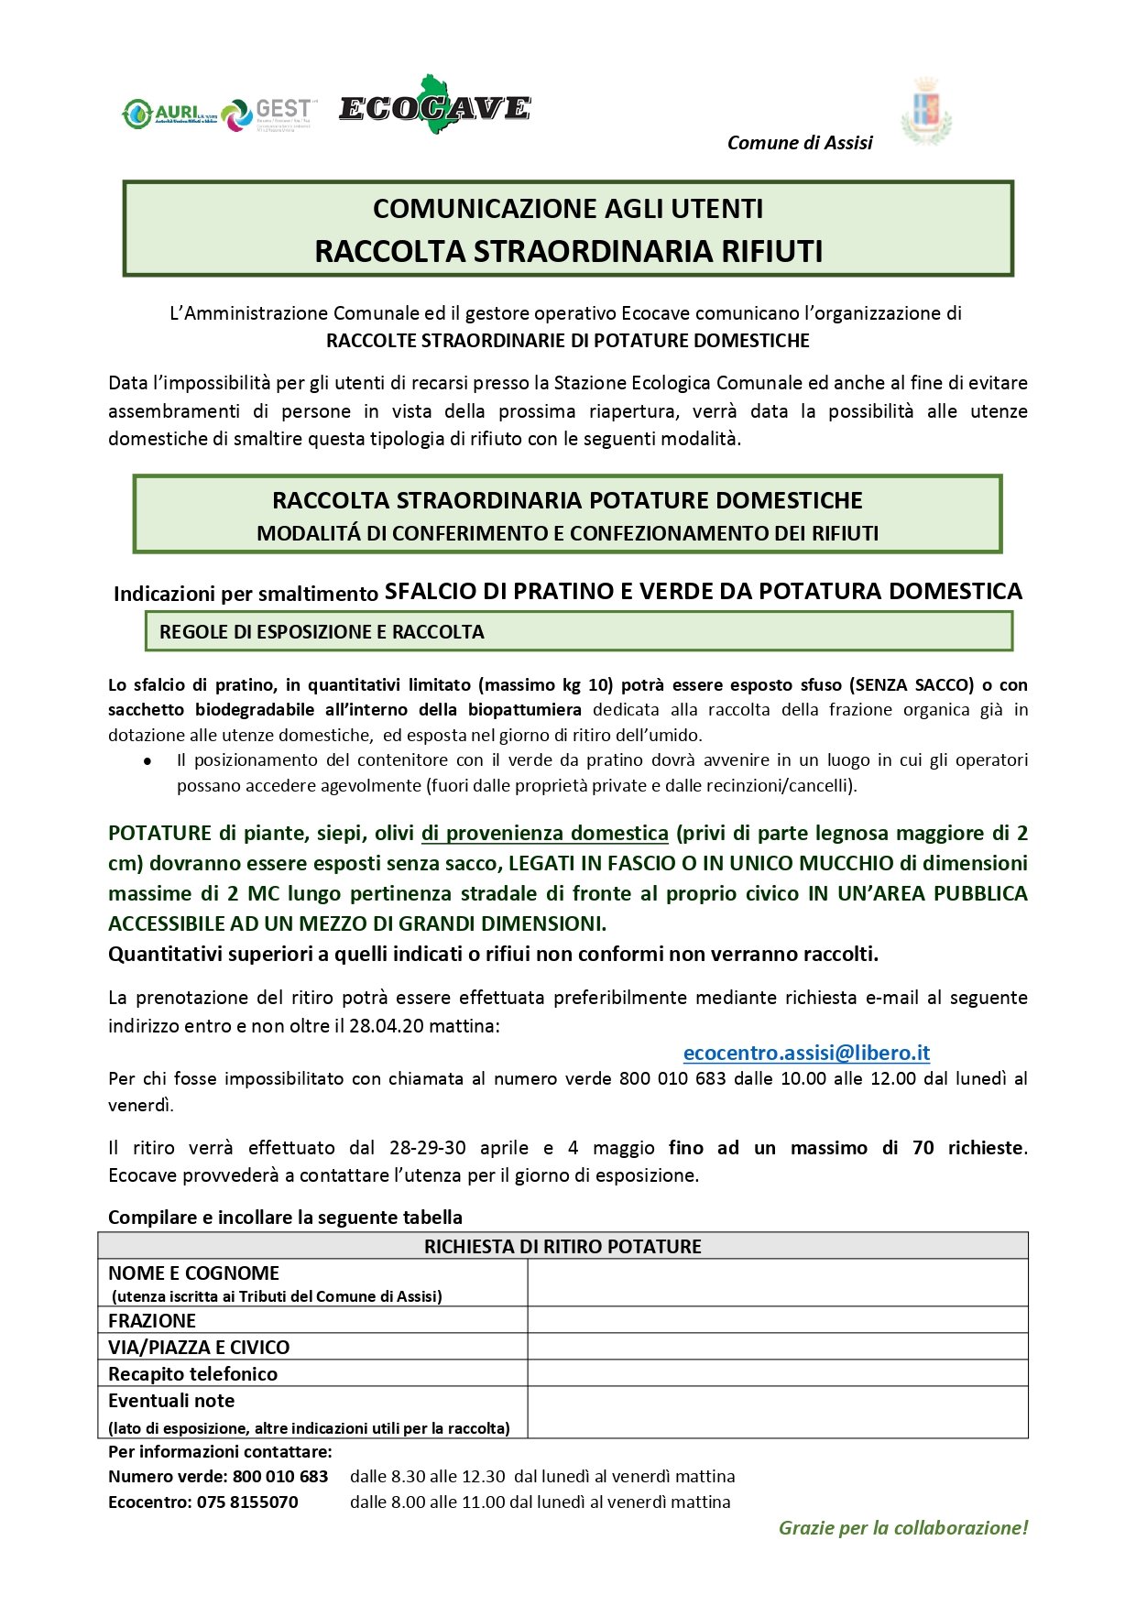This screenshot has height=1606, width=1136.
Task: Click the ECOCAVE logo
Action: pyautogui.click(x=434, y=107)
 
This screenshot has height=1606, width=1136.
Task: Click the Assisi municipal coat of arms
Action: pyautogui.click(x=926, y=112)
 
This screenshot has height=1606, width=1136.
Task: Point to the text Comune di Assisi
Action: pyautogui.click(x=799, y=143)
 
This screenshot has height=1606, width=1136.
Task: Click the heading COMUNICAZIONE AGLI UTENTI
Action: pyautogui.click(x=568, y=209)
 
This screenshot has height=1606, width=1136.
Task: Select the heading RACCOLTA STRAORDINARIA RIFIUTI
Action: pyautogui.click(x=568, y=251)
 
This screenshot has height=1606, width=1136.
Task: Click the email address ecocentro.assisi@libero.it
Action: pyautogui.click(x=806, y=1053)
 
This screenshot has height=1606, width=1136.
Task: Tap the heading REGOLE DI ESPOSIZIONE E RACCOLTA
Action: pyautogui.click(x=322, y=631)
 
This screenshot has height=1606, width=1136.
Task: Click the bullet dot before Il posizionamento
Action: pyautogui.click(x=147, y=761)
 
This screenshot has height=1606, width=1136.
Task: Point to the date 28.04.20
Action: pyautogui.click(x=387, y=1025)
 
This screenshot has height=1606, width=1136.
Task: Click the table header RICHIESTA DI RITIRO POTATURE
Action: pyautogui.click(x=563, y=1246)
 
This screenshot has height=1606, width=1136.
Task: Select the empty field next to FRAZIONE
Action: pyautogui.click(x=777, y=1320)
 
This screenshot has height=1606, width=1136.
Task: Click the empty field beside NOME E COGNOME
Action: pyautogui.click(x=777, y=1283)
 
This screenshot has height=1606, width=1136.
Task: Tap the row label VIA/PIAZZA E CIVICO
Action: pyautogui.click(x=199, y=1347)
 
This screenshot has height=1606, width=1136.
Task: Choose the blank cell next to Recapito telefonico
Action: pyautogui.click(x=777, y=1373)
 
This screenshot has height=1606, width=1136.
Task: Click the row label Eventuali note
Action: pyautogui.click(x=171, y=1400)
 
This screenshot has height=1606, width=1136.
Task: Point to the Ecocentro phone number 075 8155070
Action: pyautogui.click(x=247, y=1502)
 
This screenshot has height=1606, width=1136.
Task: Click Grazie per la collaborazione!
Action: pyautogui.click(x=903, y=1527)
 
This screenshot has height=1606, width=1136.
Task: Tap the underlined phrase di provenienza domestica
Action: pyautogui.click(x=544, y=833)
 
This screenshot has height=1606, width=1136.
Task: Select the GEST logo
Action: pyautogui.click(x=268, y=114)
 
